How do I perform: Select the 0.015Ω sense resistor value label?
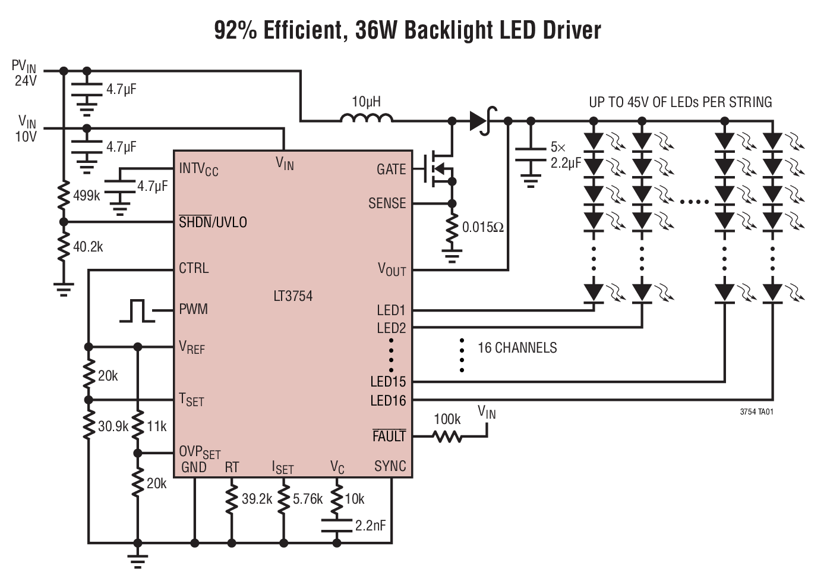(x=482, y=227)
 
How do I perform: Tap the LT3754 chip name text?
(x=293, y=296)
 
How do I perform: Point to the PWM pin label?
(x=194, y=309)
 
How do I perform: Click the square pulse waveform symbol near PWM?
(x=137, y=311)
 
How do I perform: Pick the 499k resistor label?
(x=87, y=196)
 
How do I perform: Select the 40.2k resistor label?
(x=88, y=247)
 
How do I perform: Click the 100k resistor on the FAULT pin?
(x=447, y=437)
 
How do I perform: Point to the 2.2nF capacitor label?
(x=370, y=526)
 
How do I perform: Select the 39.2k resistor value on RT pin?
(x=257, y=499)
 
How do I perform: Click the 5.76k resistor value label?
(x=308, y=499)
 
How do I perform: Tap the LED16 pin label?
(x=388, y=401)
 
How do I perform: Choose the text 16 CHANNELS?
(x=517, y=348)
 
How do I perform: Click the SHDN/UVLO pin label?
(x=213, y=222)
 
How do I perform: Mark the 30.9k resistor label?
(x=113, y=426)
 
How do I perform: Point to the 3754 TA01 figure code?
(x=756, y=412)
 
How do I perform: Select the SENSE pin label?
(x=387, y=203)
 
